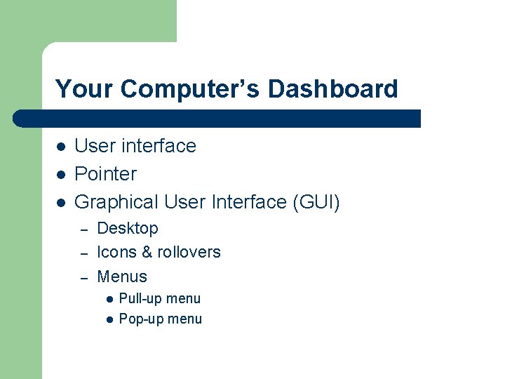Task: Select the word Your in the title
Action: click(84, 89)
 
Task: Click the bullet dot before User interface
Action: click(61, 147)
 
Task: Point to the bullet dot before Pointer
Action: click(61, 175)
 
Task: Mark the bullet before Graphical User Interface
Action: click(61, 203)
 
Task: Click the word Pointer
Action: click(105, 174)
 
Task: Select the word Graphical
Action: click(116, 203)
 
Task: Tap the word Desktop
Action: click(127, 229)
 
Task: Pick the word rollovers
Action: click(189, 252)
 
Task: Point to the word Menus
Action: click(121, 277)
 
